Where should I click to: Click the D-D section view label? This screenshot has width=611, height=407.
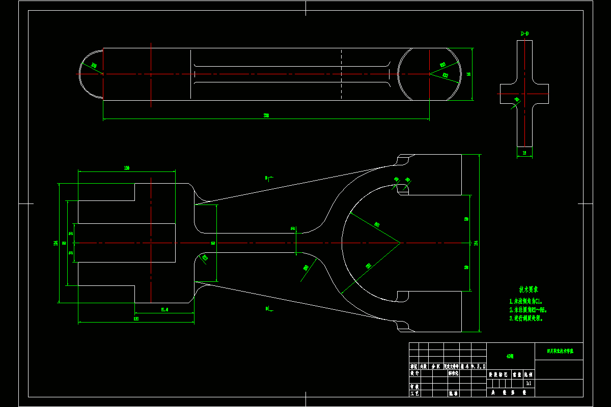pyautogui.click(x=524, y=34)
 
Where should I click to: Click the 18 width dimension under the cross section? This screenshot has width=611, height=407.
pyautogui.click(x=524, y=153)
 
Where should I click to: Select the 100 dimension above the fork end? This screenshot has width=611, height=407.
pyautogui.click(x=127, y=167)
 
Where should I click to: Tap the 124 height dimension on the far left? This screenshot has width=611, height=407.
pyautogui.click(x=55, y=243)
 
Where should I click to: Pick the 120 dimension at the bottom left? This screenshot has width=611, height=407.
pyautogui.click(x=136, y=319)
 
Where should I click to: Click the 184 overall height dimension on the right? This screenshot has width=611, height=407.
pyautogui.click(x=476, y=243)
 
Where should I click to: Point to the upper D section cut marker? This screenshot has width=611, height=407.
pyautogui.click(x=268, y=178)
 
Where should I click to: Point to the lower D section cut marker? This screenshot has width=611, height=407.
pyautogui.click(x=268, y=308)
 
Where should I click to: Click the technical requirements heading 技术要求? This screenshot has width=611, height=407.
pyautogui.click(x=529, y=289)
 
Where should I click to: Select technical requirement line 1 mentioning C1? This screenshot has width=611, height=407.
pyautogui.click(x=527, y=301)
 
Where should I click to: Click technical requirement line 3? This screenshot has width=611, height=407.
pyautogui.click(x=526, y=318)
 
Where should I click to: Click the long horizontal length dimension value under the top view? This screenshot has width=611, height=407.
pyautogui.click(x=266, y=116)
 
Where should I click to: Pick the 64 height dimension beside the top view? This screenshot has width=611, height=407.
pyautogui.click(x=468, y=74)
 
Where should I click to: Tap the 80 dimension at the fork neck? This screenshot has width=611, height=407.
pyautogui.click(x=213, y=243)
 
